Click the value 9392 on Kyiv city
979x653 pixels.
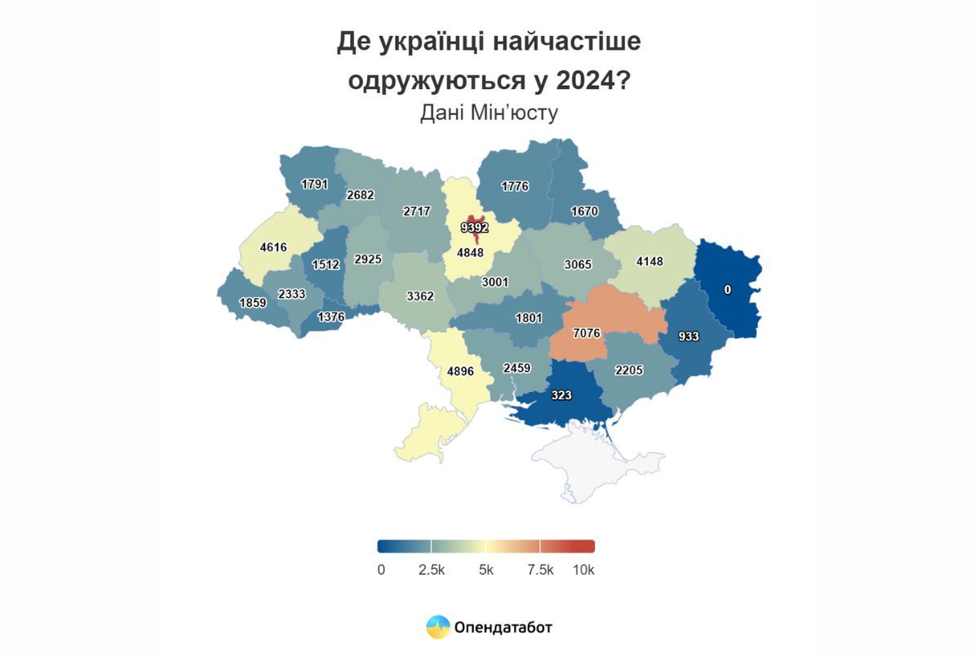coord(474,228)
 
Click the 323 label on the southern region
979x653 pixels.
coord(560,395)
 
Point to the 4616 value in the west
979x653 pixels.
coord(273,246)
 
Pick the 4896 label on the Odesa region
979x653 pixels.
coord(461,371)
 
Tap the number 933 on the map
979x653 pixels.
coord(689,336)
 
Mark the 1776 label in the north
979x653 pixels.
coord(515,186)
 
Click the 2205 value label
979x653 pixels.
coord(629,370)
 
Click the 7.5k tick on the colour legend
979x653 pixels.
coord(540,571)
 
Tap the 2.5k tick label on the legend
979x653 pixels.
coord(431,571)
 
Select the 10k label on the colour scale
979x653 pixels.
coord(583,571)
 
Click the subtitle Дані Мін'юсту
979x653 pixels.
coord(489,113)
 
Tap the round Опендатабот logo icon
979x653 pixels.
coord(438,627)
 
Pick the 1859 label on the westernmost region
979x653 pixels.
coord(252,302)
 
